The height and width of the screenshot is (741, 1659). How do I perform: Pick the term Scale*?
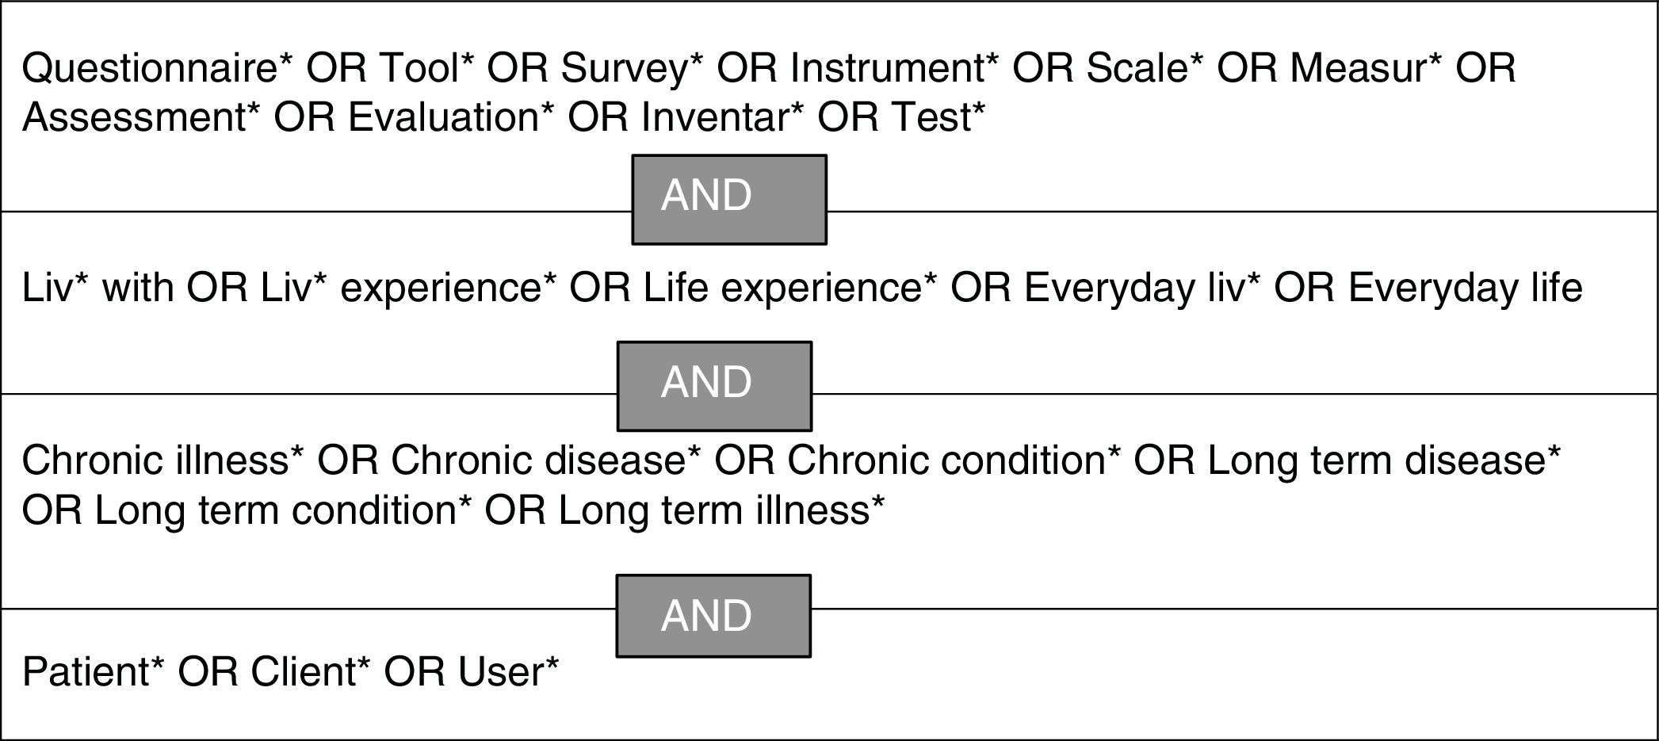(1144, 68)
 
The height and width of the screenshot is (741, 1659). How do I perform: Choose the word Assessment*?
(141, 117)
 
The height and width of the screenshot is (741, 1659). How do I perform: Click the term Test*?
(938, 117)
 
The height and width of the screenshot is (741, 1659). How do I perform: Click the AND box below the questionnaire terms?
(729, 199)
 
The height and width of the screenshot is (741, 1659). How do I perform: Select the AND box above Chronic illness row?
(714, 386)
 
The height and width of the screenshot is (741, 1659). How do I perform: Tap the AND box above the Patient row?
(713, 616)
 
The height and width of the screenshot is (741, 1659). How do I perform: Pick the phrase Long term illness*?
(721, 510)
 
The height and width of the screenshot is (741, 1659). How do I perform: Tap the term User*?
(508, 672)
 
